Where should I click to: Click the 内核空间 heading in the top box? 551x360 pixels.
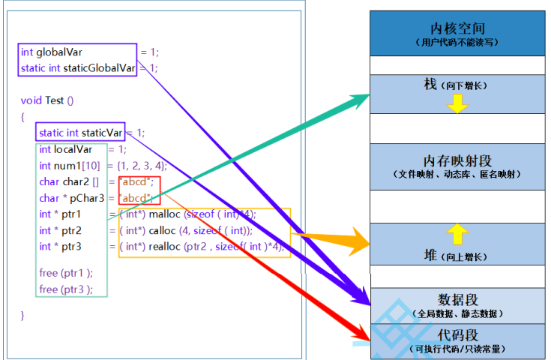[457, 28]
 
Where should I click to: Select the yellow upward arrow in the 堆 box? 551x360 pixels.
[457, 235]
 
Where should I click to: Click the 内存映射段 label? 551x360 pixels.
[457, 161]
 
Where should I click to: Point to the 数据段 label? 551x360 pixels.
[457, 299]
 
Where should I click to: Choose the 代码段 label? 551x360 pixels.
[457, 334]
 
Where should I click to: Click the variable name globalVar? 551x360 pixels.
[59, 52]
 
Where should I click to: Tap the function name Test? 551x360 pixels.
[54, 100]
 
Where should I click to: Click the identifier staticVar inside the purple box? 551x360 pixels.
[102, 133]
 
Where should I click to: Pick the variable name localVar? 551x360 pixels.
[73, 149]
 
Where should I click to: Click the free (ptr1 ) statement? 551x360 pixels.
[66, 273]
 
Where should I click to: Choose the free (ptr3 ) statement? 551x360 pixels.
[66, 289]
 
